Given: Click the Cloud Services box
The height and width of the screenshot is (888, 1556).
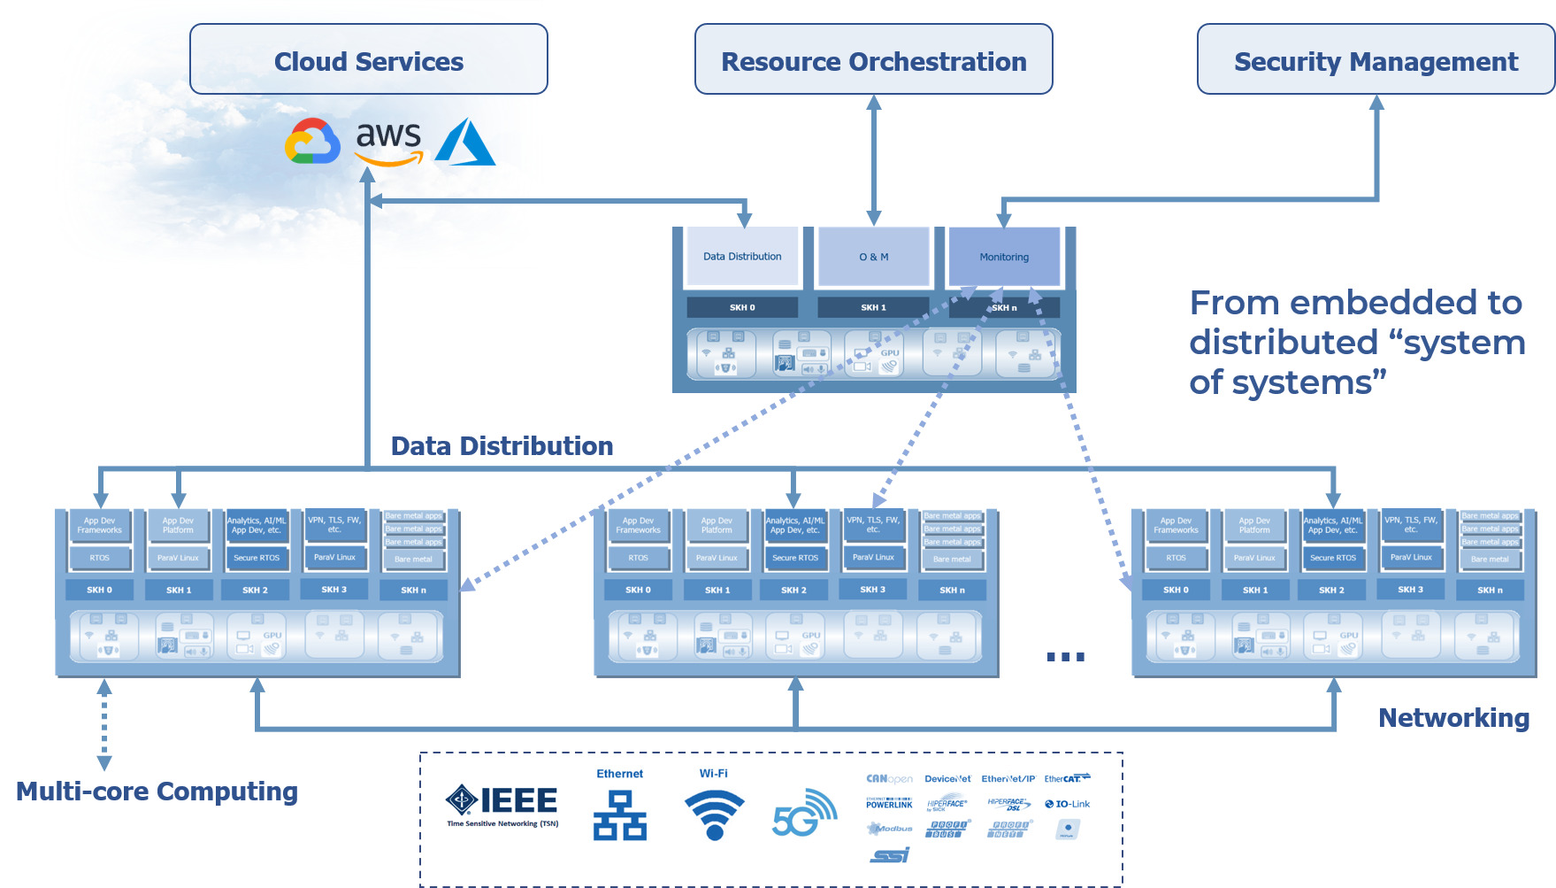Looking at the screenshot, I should click(369, 59).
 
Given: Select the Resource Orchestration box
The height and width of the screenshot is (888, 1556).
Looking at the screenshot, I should click(873, 59).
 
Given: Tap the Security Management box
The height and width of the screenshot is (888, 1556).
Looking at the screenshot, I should click(1376, 59).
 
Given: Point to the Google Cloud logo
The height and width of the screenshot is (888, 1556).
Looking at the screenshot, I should click(312, 142).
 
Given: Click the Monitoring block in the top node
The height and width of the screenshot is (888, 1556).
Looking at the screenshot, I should click(1004, 257).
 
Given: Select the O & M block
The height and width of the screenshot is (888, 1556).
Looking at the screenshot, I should click(874, 257).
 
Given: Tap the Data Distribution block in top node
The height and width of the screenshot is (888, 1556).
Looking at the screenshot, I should click(742, 257).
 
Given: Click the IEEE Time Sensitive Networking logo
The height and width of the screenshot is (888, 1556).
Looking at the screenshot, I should click(502, 806).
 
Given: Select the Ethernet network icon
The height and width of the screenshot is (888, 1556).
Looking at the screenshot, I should click(620, 815).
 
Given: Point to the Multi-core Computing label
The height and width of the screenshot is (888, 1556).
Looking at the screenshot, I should click(157, 791).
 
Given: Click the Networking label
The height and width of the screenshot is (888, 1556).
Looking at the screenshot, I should click(1453, 718).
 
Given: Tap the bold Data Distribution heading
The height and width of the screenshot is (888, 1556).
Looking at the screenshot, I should click(502, 446).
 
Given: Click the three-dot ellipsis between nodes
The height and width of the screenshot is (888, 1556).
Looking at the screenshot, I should click(1065, 657).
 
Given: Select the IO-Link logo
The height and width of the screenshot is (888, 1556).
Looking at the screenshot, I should click(1068, 804).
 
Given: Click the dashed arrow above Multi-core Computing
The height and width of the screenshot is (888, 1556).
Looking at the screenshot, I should click(104, 724).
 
